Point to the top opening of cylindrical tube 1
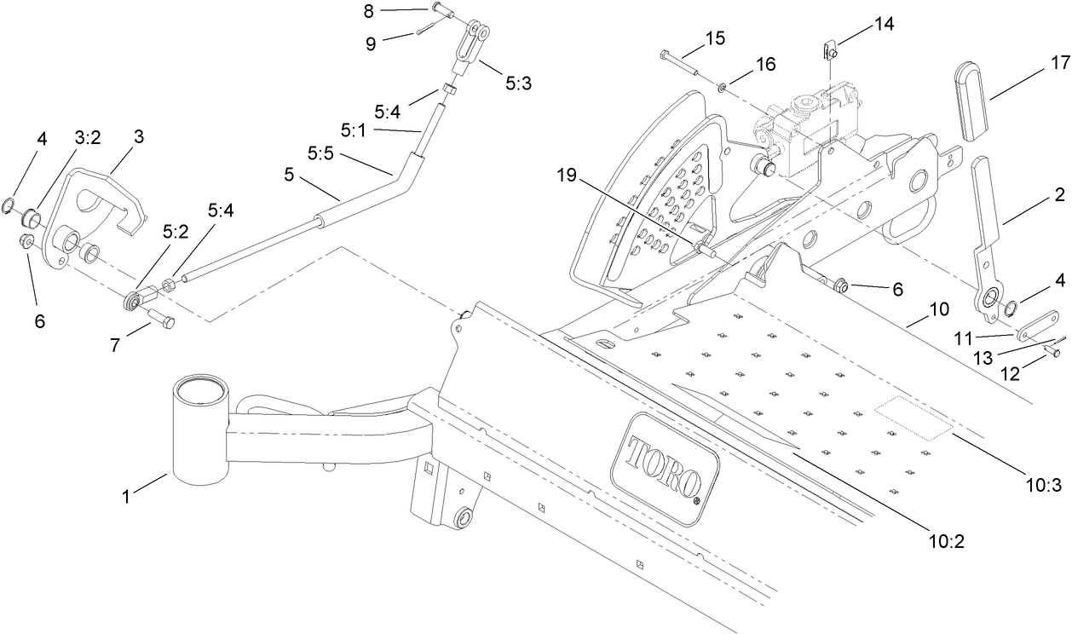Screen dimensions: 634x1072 click(200, 389)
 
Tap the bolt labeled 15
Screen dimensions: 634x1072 click(677, 62)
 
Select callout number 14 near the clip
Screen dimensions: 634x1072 click(884, 24)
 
